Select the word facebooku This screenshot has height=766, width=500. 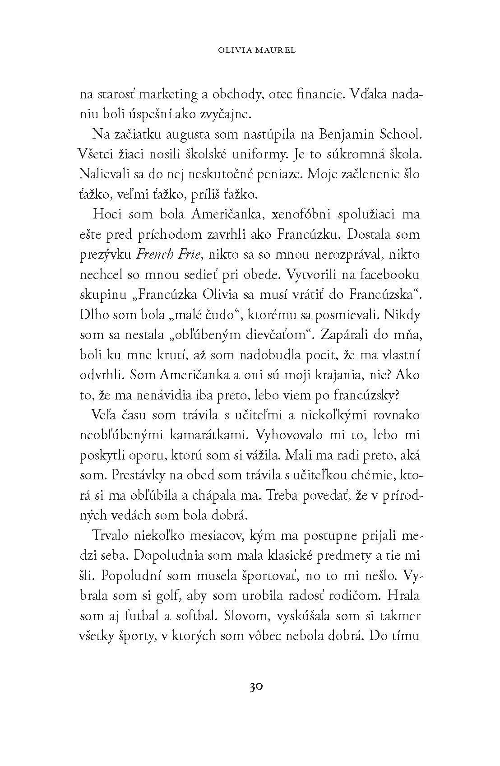pyautogui.click(x=386, y=274)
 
